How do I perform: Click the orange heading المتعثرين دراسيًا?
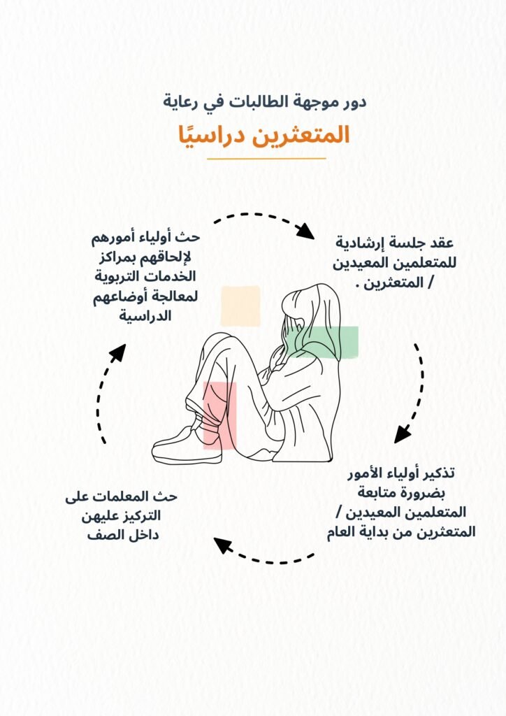(x=263, y=136)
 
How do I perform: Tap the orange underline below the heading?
(x=266, y=159)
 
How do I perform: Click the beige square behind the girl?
(x=240, y=306)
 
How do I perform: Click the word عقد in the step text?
(x=441, y=242)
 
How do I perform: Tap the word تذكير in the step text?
(x=438, y=473)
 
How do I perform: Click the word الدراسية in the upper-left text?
(x=145, y=315)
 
